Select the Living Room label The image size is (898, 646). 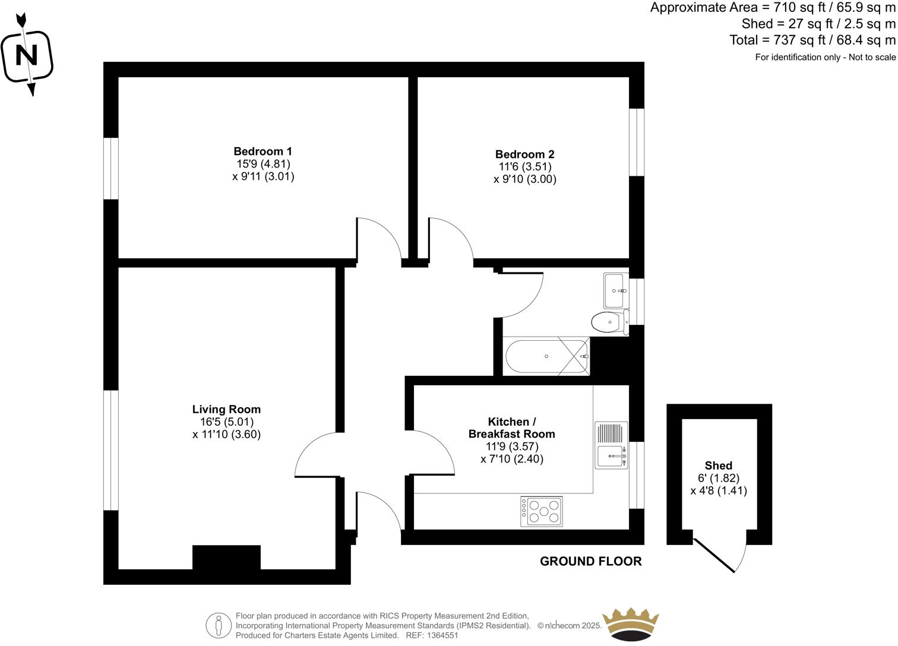click(226, 409)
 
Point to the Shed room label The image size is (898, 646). click(718, 465)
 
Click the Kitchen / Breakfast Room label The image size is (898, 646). click(511, 427)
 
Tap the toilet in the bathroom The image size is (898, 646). click(609, 322)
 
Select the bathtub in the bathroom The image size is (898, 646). click(546, 356)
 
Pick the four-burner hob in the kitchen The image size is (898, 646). click(542, 511)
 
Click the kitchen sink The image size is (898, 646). click(611, 457)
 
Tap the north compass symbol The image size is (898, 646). click(27, 55)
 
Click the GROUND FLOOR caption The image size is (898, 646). click(590, 561)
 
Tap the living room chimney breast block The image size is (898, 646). click(226, 558)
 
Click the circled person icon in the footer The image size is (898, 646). click(219, 625)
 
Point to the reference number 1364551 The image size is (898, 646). click(439, 635)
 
